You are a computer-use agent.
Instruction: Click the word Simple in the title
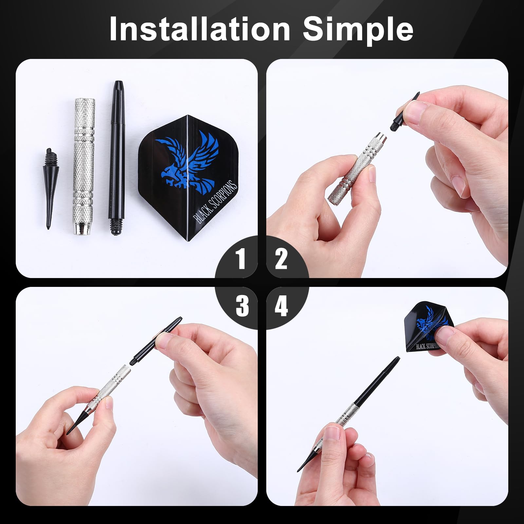[x=358, y=29]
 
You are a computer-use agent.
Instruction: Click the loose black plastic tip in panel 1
[x=48, y=190]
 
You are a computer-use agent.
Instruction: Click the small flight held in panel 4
[x=422, y=327]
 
